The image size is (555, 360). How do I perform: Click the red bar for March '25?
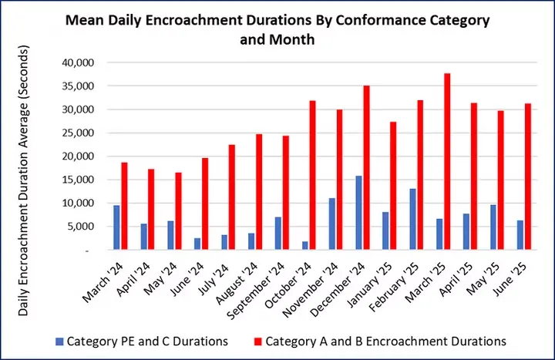click(447, 162)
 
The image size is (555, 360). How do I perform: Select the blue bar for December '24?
click(358, 213)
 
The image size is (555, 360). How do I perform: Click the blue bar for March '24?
click(116, 227)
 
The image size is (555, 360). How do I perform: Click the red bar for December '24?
click(366, 167)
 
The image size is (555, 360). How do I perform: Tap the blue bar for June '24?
click(197, 244)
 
